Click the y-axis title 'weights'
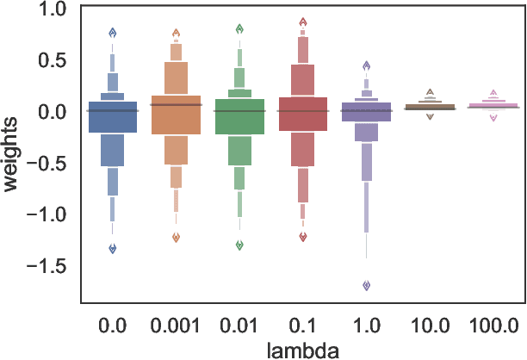[15, 155]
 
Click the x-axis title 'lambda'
[303, 349]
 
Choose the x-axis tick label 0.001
[176, 325]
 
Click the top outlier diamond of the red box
[303, 22]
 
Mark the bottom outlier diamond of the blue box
[112, 248]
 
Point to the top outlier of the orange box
[176, 34]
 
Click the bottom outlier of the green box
[239, 245]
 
